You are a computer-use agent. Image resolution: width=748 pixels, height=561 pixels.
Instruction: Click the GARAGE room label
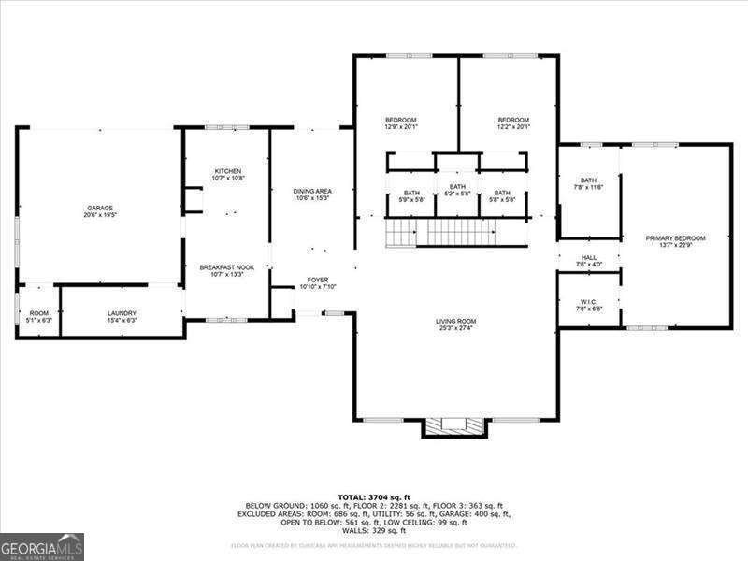(101, 208)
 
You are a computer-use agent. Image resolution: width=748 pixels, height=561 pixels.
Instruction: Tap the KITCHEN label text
(228, 171)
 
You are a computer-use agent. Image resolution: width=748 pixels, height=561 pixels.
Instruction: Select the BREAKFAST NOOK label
(228, 267)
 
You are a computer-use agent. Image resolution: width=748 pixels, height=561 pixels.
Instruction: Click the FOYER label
(318, 280)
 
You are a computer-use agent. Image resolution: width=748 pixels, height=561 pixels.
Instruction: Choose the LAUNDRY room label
(122, 313)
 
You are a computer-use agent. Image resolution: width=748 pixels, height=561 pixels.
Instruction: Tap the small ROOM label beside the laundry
(38, 313)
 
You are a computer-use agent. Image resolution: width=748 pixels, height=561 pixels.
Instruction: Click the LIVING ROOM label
(456, 322)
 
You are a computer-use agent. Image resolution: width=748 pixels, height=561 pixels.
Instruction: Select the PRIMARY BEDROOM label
(675, 238)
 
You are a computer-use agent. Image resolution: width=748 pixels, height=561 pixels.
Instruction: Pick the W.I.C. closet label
(588, 301)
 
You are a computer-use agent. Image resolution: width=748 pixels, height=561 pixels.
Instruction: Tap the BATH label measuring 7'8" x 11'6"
(588, 180)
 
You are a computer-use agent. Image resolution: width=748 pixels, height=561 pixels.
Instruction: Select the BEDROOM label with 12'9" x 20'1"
(401, 120)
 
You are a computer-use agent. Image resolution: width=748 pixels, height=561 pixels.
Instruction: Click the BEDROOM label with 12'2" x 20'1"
(513, 120)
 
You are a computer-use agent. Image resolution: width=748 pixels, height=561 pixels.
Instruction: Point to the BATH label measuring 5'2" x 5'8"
(457, 187)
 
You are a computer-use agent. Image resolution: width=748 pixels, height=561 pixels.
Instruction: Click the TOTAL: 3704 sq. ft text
(374, 497)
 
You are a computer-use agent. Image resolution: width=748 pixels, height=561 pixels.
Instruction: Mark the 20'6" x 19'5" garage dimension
(101, 215)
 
